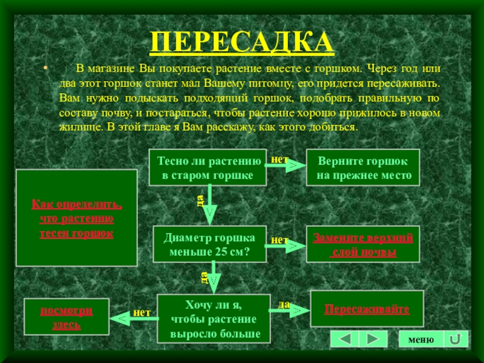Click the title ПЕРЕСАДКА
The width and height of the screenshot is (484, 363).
click(242, 42)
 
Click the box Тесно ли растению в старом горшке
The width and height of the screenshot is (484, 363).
click(208, 168)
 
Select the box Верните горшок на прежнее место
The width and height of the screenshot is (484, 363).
click(362, 168)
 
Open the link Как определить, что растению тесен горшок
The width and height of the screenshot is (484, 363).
click(76, 218)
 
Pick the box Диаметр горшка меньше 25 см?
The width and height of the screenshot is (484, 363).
click(209, 244)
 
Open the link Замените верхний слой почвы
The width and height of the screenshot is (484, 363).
click(362, 244)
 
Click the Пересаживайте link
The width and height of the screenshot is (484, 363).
click(367, 309)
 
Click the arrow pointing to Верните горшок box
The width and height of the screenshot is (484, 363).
click(284, 166)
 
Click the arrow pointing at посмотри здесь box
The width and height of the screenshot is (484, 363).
click(128, 316)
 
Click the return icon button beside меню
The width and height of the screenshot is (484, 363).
click(456, 339)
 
